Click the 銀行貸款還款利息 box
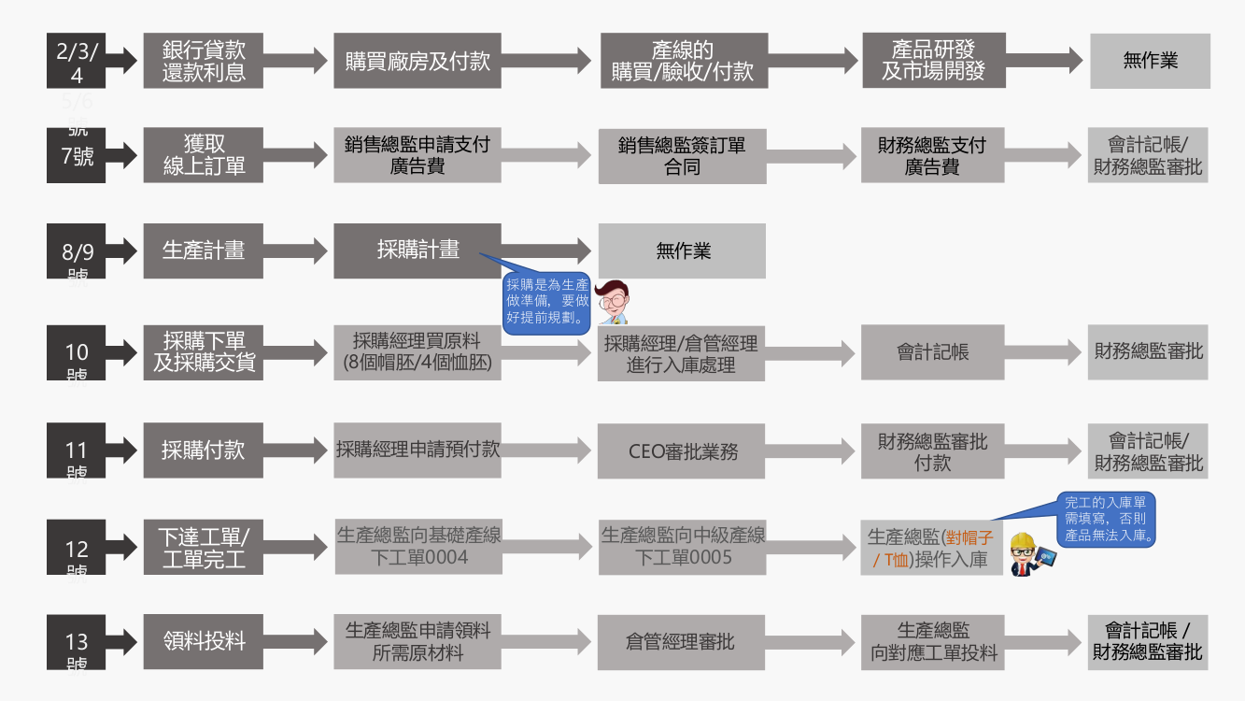coord(203,61)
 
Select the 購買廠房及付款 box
coord(417,61)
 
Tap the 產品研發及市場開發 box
coord(933,61)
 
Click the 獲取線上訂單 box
coord(203,155)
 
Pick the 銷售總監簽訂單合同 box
coord(681,155)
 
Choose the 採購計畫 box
coord(417,250)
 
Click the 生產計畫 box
coord(203,250)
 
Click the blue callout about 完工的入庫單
coord(1111,520)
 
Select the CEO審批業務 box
coord(681,451)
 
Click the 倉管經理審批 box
coord(681,642)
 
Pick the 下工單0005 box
coord(681,547)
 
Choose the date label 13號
coord(76,642)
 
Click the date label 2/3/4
coord(76,62)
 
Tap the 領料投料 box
coord(203,642)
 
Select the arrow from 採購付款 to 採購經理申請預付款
coord(299,451)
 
